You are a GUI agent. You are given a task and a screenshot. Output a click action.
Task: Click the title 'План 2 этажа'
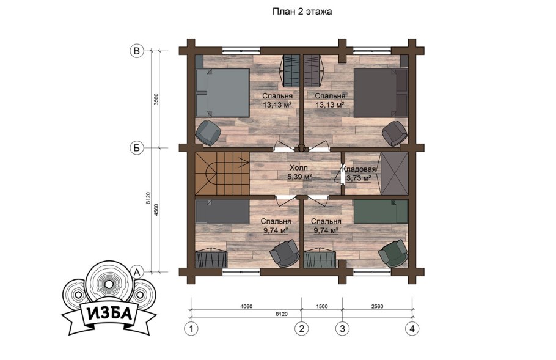point(302,12)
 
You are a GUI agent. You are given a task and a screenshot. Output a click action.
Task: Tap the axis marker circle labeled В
point(136,51)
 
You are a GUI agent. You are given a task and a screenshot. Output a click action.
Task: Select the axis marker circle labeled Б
point(136,148)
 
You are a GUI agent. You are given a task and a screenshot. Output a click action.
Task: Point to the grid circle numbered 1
point(191,329)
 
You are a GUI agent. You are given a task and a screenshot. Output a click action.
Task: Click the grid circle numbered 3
point(343,329)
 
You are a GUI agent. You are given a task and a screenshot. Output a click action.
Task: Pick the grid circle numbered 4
point(412,329)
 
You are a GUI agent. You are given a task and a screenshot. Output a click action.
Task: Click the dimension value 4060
point(246,306)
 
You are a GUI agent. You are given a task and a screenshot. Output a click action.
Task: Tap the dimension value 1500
point(321,306)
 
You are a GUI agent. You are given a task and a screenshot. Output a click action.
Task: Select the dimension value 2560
point(377,306)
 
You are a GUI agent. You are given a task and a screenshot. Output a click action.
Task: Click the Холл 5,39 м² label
point(299,172)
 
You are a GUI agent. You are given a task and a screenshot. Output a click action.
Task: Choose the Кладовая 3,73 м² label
point(359,174)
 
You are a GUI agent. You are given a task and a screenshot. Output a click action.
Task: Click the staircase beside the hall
point(222,174)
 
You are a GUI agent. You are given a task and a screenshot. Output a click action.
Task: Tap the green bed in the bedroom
point(381,211)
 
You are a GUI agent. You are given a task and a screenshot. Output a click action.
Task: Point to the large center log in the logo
point(109,284)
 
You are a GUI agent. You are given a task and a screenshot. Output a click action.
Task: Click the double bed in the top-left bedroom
point(222,93)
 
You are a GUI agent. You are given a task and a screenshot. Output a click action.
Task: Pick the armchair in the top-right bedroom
point(395,133)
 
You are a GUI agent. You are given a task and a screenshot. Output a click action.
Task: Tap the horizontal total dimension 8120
point(282,314)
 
